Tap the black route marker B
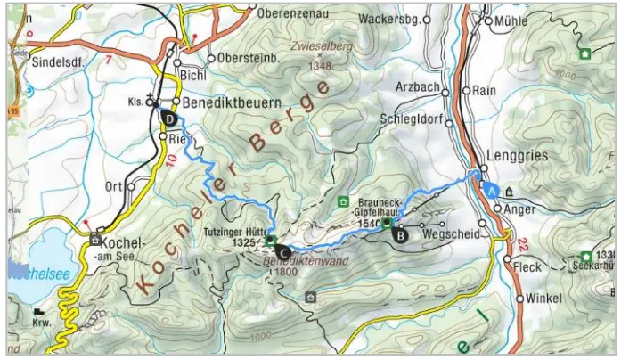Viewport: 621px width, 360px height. point(400,236)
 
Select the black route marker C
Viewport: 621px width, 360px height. point(282,251)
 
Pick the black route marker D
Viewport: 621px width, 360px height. point(167,117)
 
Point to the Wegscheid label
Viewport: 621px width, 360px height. point(452,235)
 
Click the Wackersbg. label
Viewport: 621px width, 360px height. point(388,19)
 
